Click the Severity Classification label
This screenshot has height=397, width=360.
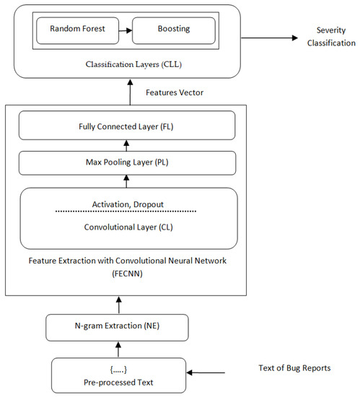[x=335, y=37]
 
